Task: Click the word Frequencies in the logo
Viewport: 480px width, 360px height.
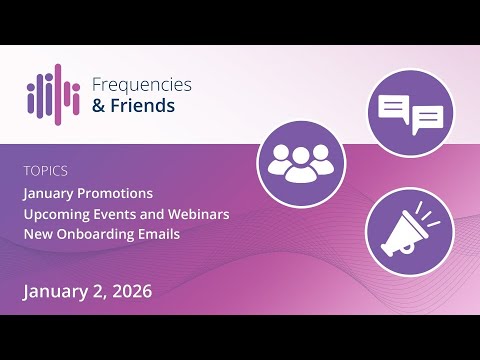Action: click(x=140, y=85)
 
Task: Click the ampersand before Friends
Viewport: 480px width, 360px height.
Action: click(x=98, y=105)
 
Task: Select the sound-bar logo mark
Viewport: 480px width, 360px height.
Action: click(x=53, y=94)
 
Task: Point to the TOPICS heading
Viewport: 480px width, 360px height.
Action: click(x=46, y=171)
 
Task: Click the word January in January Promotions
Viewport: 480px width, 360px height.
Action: click(x=53, y=193)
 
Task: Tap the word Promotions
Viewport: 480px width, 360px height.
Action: click(x=120, y=193)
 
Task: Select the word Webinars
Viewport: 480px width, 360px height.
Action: click(x=197, y=214)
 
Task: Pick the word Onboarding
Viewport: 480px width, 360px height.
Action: click(x=101, y=235)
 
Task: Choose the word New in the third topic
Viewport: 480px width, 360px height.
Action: click(x=38, y=235)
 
